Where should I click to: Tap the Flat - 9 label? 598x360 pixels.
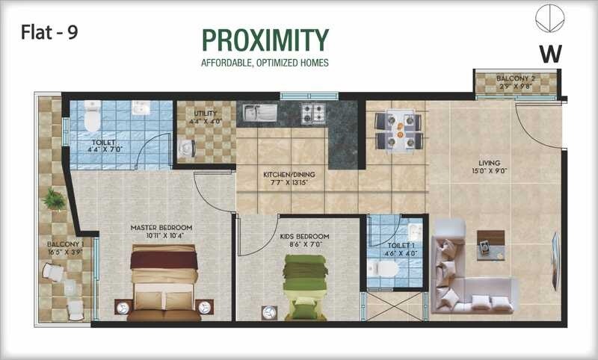click(49, 31)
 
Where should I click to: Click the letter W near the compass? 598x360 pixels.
click(550, 53)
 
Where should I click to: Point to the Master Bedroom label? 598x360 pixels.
click(161, 227)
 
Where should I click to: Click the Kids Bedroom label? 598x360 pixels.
click(304, 237)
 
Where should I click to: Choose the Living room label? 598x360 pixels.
click(490, 163)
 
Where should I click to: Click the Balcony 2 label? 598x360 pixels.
click(517, 78)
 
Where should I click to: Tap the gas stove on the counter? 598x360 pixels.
click(312, 114)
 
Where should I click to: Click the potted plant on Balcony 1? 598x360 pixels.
click(53, 199)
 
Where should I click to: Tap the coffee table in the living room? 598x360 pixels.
click(490, 243)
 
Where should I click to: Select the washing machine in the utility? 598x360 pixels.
click(187, 149)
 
